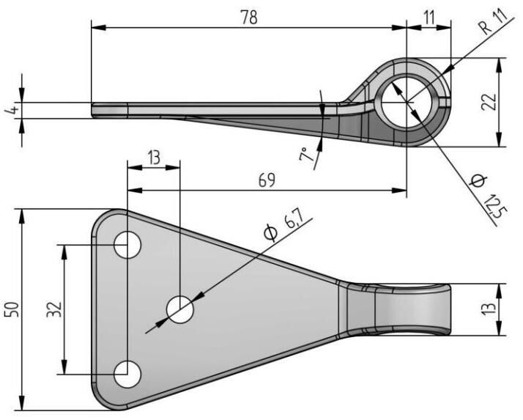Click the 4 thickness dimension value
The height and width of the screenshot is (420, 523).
9,111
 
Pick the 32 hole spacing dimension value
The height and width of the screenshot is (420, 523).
52,309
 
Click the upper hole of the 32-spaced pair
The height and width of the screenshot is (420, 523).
127,245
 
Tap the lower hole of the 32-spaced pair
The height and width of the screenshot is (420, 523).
127,374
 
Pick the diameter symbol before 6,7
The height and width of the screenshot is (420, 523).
270,234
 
